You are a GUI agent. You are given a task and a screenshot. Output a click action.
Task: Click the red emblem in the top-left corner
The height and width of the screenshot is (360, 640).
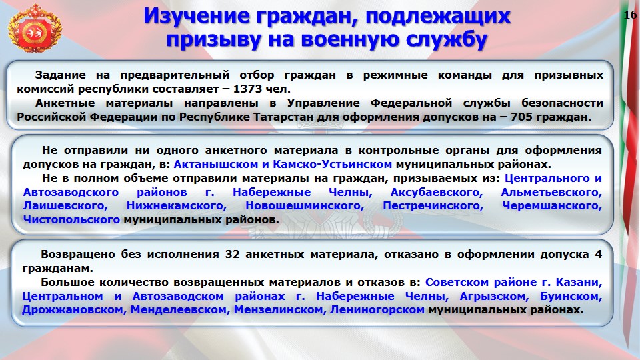pos(35,29)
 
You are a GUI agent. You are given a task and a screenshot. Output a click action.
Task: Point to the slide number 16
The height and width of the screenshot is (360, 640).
pos(630,15)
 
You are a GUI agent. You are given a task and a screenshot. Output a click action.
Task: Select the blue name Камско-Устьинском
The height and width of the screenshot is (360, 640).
pos(332,164)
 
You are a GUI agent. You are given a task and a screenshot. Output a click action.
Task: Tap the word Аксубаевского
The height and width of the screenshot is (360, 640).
pos(436,192)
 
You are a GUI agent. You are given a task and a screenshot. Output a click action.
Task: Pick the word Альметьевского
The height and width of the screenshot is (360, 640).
pos(551,192)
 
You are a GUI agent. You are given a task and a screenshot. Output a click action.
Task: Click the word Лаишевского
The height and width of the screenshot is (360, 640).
pos(65,206)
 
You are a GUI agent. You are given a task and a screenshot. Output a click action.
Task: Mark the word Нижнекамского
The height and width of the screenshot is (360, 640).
pos(176,206)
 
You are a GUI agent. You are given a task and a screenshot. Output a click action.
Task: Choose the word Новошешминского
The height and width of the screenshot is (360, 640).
pos(305,206)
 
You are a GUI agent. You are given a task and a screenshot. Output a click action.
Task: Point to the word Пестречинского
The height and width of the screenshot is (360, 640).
pos(433,206)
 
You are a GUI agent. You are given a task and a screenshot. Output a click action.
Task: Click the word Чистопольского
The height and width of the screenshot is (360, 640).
pos(71,219)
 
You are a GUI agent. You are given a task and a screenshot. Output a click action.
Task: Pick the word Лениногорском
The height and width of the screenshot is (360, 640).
pos(377,310)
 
